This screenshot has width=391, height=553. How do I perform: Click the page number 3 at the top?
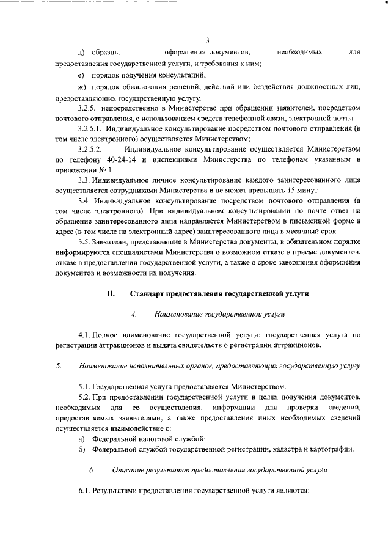point(207,41)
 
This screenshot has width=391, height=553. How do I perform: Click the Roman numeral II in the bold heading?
point(111,293)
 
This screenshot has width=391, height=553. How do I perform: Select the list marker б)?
point(81,449)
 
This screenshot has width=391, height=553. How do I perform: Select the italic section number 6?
point(91,470)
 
